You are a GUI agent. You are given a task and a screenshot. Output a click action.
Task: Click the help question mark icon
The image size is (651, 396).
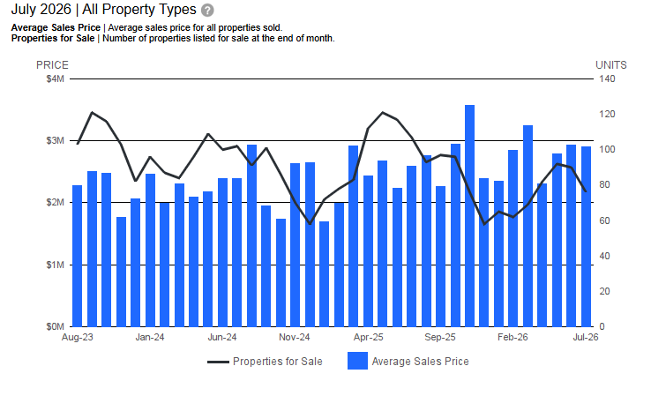[x=207, y=10]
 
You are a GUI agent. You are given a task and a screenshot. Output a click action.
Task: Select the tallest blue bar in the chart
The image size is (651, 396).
[x=469, y=216]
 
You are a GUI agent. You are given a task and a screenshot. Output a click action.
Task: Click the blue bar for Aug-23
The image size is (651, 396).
[x=78, y=256]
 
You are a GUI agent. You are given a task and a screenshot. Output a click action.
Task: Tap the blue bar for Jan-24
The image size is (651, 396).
[x=150, y=250]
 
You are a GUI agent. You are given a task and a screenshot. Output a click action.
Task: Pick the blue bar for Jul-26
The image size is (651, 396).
[x=586, y=236]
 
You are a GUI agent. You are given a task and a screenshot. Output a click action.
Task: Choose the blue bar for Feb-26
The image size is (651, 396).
[x=513, y=238]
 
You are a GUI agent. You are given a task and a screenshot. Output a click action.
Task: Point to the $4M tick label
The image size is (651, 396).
[x=56, y=78]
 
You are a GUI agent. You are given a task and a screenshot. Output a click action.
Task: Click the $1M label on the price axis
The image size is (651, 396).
[x=56, y=265]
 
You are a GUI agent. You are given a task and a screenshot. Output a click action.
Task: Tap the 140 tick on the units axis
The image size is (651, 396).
[x=607, y=78]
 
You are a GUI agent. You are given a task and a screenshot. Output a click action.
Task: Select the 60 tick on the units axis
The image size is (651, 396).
[x=604, y=220]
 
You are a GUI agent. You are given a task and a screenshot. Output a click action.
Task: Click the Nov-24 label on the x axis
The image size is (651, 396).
[x=295, y=337]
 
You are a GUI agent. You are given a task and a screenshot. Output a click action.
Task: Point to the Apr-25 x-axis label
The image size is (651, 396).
[x=368, y=337]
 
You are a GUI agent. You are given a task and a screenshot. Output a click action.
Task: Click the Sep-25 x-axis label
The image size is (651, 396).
[x=440, y=337]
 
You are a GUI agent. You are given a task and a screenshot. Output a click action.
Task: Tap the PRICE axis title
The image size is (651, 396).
[x=52, y=65]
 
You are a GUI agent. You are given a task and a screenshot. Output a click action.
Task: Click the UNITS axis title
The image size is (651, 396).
[x=611, y=65]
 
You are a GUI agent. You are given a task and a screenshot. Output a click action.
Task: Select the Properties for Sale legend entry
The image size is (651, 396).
[x=265, y=362]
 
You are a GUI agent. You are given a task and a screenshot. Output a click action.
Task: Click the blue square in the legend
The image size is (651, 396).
[x=357, y=361]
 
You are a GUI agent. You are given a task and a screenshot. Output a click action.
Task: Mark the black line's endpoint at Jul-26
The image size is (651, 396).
[x=586, y=191]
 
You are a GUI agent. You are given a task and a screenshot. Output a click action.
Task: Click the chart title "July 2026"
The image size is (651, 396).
[x=41, y=9]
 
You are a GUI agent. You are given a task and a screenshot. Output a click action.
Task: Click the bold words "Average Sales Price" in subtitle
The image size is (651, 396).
[x=56, y=28]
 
